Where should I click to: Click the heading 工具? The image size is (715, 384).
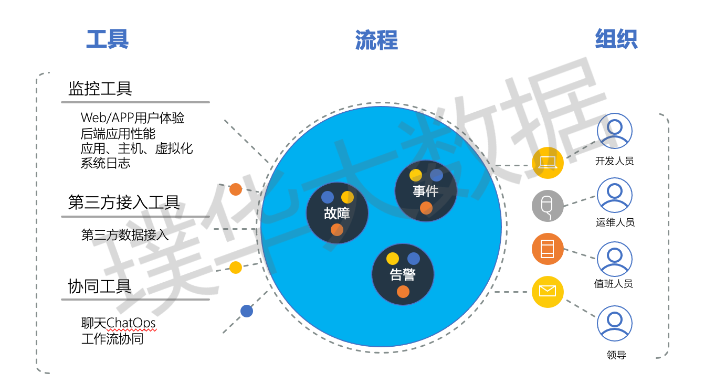[108, 39]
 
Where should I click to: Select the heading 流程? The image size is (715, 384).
[376, 40]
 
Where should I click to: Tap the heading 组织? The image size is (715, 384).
[616, 39]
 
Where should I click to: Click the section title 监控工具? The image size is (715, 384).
[100, 89]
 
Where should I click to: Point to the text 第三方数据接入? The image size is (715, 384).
[125, 234]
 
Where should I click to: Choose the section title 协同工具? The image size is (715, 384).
[99, 286]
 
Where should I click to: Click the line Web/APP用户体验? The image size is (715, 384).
[132, 118]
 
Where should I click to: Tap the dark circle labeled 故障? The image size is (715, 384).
[337, 213]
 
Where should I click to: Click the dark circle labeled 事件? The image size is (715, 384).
[426, 191]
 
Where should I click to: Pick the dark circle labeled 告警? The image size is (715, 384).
[403, 274]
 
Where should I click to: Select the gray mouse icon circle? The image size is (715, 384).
[548, 206]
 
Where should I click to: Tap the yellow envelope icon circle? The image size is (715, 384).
[548, 292]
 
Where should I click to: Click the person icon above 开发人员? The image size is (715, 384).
[615, 131]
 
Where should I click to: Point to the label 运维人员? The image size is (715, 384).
[615, 222]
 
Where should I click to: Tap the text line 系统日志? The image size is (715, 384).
[105, 163]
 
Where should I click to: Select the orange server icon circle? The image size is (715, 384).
[548, 249]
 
